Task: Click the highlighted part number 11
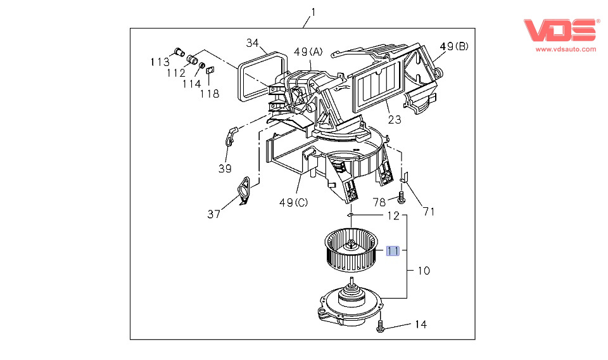click(393, 251)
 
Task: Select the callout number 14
click(421, 325)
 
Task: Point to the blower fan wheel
click(351, 250)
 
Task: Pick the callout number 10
click(424, 271)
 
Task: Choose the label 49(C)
click(293, 203)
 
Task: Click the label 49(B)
click(454, 46)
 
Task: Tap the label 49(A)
click(308, 51)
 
